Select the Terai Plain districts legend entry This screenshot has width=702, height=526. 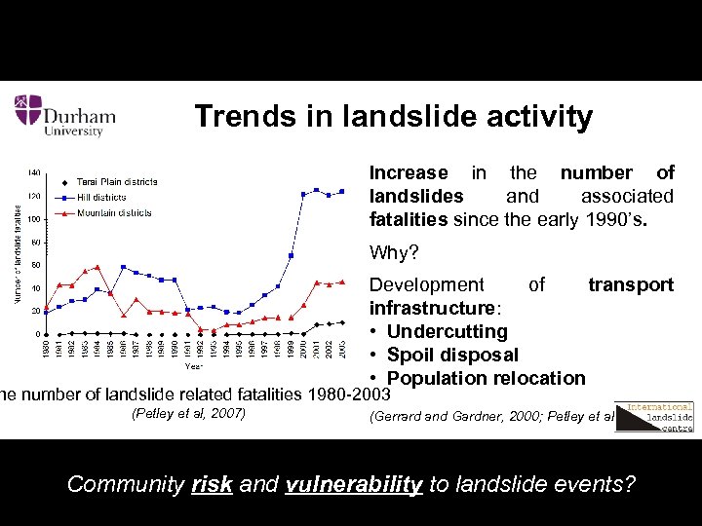click(x=116, y=182)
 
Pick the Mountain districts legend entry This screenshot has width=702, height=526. click(x=113, y=212)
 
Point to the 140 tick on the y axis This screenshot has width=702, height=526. click(x=34, y=172)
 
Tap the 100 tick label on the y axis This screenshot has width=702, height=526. click(x=34, y=218)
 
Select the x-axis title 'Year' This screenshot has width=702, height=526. click(x=195, y=367)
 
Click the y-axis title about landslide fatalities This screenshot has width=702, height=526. click(x=19, y=253)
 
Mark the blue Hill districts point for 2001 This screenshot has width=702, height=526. click(x=316, y=190)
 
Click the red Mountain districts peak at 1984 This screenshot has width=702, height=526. click(x=97, y=267)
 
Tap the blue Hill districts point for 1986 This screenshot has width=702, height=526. click(x=123, y=267)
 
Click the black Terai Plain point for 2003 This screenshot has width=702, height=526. click(x=341, y=322)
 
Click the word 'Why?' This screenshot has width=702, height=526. click(x=394, y=253)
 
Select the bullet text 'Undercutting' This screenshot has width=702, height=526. click(x=447, y=331)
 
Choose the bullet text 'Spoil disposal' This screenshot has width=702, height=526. click(x=452, y=355)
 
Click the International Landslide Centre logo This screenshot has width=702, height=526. click(x=660, y=417)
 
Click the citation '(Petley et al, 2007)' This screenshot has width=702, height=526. click(x=187, y=415)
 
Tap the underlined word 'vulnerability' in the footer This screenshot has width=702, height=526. click(x=354, y=484)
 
